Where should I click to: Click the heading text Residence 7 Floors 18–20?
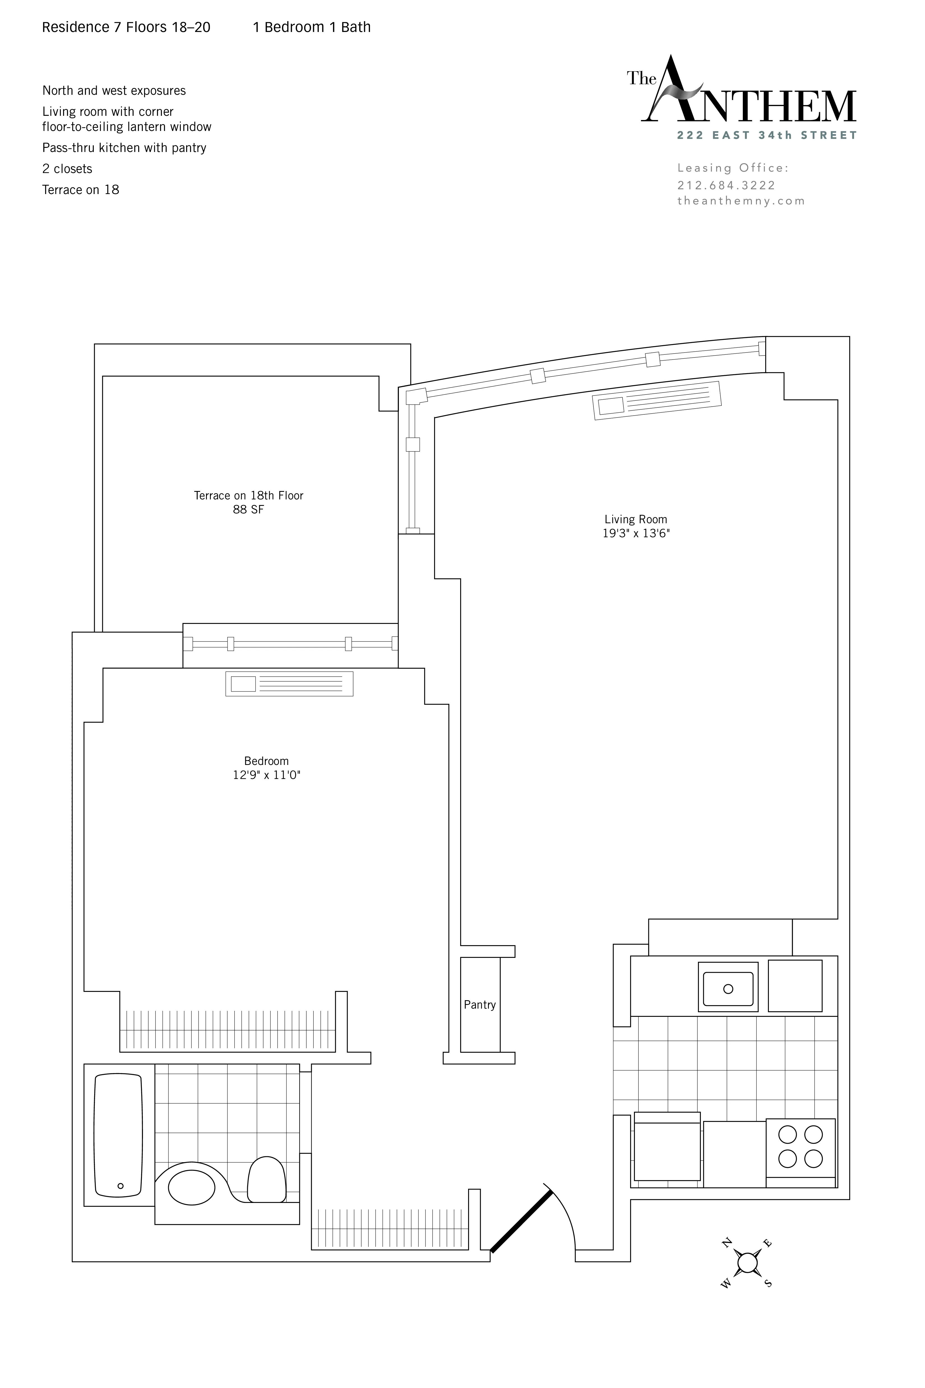tap(126, 27)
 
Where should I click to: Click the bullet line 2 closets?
tap(67, 169)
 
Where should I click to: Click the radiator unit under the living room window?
tap(656, 401)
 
